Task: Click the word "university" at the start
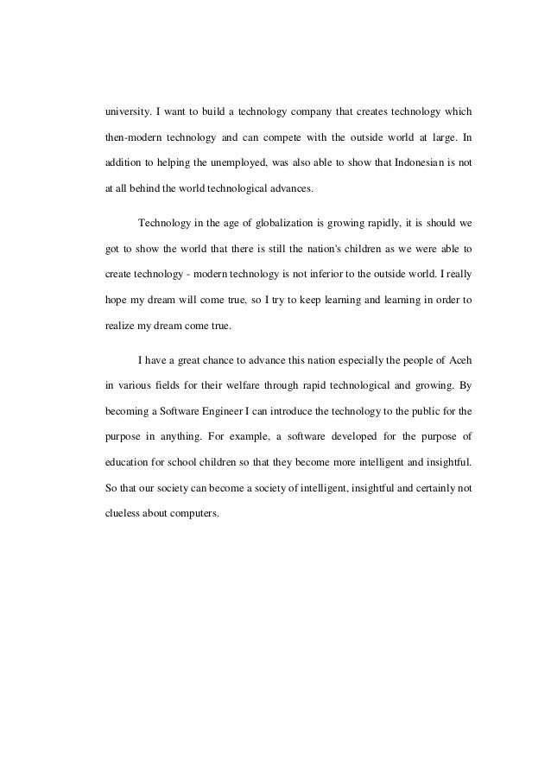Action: click(123, 112)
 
